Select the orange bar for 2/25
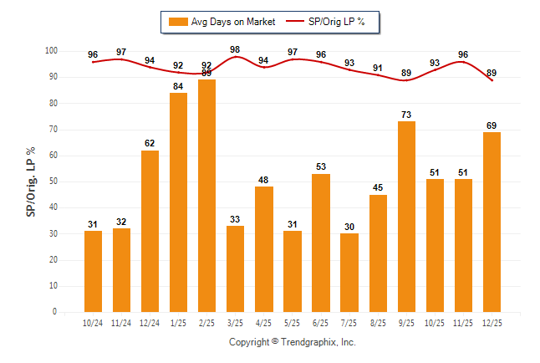pyautogui.click(x=207, y=196)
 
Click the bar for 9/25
pyautogui.click(x=406, y=217)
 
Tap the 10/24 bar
pyautogui.click(x=94, y=271)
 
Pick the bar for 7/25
pyautogui.click(x=349, y=273)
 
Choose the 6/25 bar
pyautogui.click(x=321, y=243)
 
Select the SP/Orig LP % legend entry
pyautogui.click(x=326, y=21)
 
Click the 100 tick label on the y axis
pyautogui.click(x=50, y=51)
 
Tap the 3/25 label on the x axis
pyautogui.click(x=236, y=322)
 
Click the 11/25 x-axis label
pyautogui.click(x=463, y=322)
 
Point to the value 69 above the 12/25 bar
pyautogui.click(x=492, y=125)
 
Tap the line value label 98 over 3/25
pyautogui.click(x=236, y=49)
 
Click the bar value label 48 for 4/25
pyautogui.click(x=264, y=180)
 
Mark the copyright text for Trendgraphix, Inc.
pyautogui.click(x=293, y=342)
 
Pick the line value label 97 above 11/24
pyautogui.click(x=122, y=53)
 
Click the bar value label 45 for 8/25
pyautogui.click(x=378, y=187)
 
